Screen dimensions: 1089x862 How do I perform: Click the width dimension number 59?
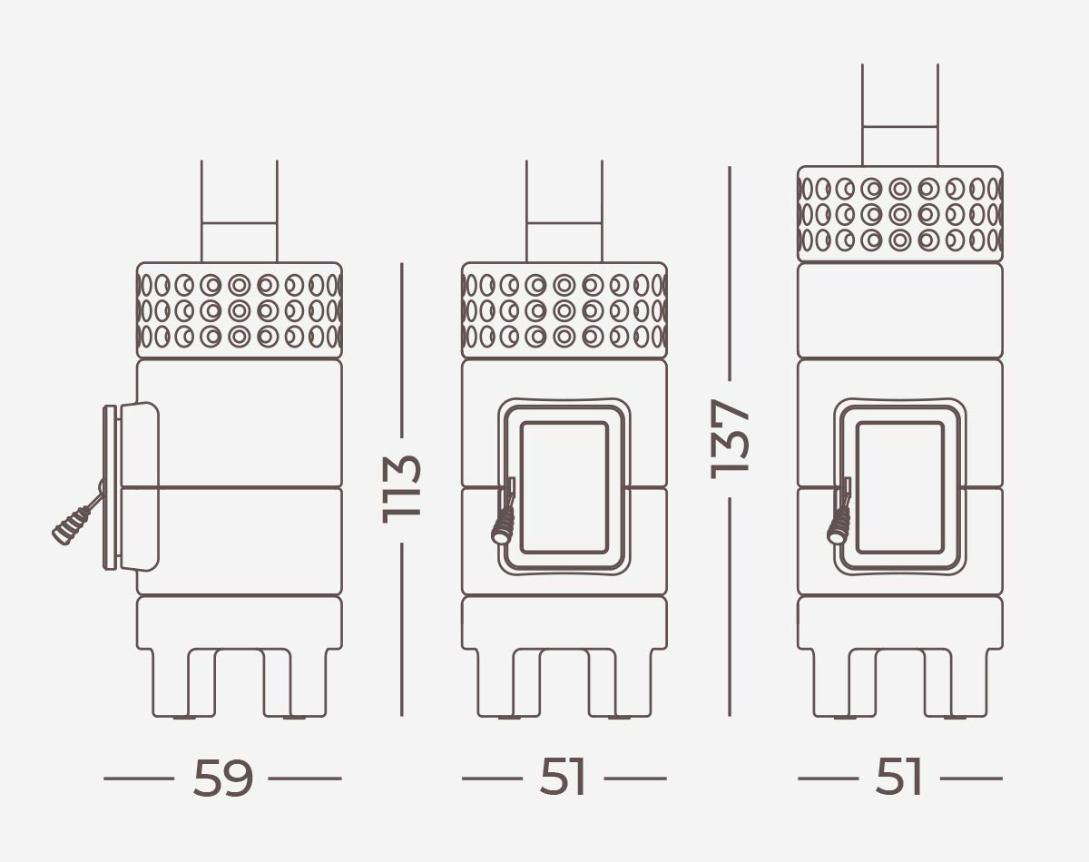pos(222,779)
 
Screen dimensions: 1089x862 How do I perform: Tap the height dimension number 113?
pos(401,489)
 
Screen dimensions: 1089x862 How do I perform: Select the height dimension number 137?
pos(730,439)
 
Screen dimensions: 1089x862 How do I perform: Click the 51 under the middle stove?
pos(563,778)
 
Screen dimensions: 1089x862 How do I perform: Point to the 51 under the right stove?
pos(898,778)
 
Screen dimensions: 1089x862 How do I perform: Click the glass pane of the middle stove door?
pos(564,487)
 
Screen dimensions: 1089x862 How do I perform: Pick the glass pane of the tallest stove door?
pos(900,487)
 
